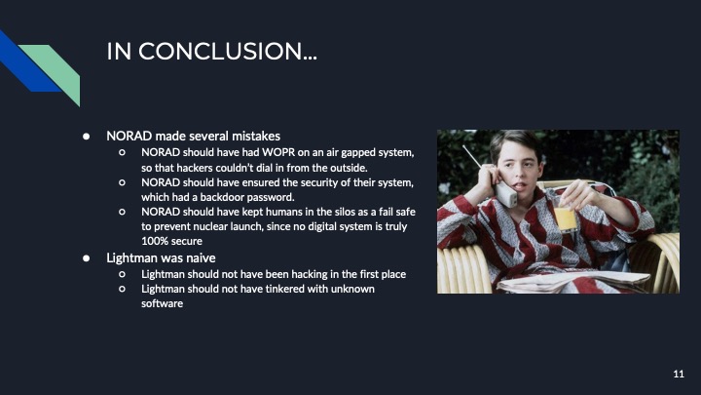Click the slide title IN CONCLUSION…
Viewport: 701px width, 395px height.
(210, 52)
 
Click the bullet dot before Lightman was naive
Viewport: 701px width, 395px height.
(86, 257)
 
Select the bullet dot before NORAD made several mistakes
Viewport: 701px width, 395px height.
(86, 135)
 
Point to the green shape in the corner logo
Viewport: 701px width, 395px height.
(54, 68)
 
